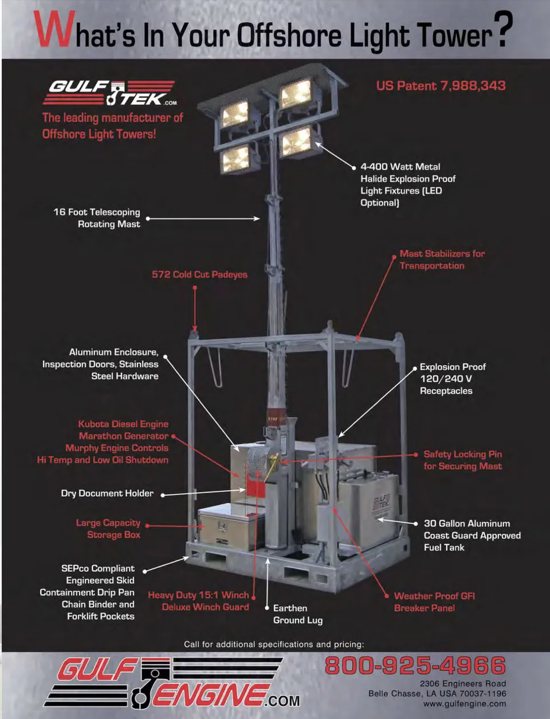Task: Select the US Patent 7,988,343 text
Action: [441, 86]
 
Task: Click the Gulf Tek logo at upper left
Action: [110, 93]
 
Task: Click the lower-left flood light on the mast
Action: [236, 160]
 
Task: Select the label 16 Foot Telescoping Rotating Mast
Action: [97, 218]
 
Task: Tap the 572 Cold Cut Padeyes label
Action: [199, 275]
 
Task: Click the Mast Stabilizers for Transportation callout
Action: [442, 259]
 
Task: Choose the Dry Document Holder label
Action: [107, 493]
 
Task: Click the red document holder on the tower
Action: [256, 489]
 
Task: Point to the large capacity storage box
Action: [231, 527]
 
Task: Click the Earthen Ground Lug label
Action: [298, 614]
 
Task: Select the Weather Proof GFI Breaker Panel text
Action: [434, 602]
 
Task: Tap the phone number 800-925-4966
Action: [415, 665]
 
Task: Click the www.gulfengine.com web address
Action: [465, 704]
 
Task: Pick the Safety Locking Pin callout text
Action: [462, 460]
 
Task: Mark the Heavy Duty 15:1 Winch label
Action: [198, 595]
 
